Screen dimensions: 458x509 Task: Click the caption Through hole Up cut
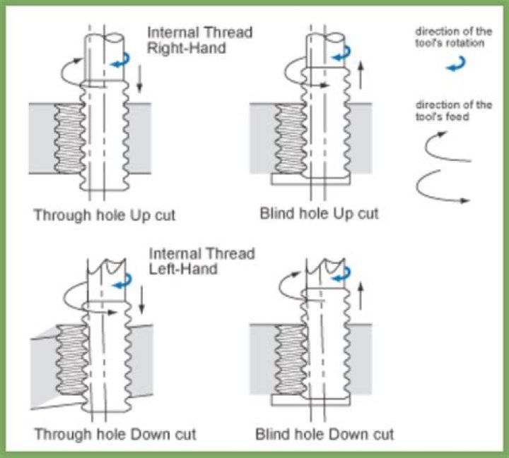pyautogui.click(x=105, y=215)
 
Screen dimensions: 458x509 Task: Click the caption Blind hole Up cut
pyautogui.click(x=319, y=213)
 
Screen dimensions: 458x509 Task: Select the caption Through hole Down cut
pyautogui.click(x=114, y=433)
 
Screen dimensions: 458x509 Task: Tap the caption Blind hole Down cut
pyautogui.click(x=324, y=433)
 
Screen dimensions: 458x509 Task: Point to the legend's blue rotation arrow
pyautogui.click(x=455, y=65)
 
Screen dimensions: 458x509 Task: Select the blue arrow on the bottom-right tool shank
pyautogui.click(x=344, y=272)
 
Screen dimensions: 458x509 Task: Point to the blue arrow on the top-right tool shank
pyautogui.click(x=344, y=54)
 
